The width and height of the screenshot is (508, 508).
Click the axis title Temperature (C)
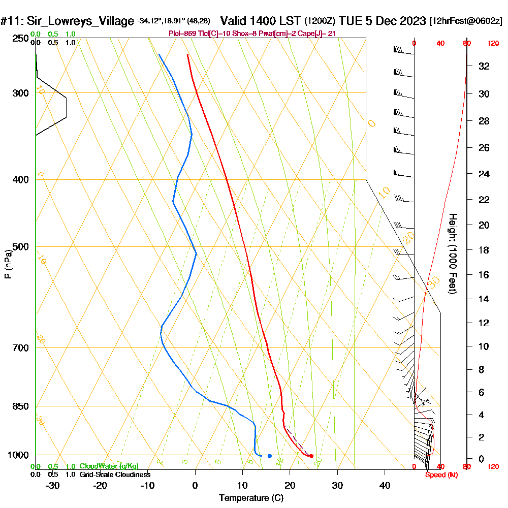(x=251, y=498)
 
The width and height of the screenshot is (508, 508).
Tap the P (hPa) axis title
(x=8, y=264)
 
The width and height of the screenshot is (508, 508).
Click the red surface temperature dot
(x=311, y=456)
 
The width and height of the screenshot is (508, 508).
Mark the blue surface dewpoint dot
(x=269, y=456)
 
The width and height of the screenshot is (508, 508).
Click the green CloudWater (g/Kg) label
(x=109, y=466)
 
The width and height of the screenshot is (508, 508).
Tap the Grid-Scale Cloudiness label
(x=115, y=474)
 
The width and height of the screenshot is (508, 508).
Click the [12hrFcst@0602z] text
(x=465, y=21)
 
